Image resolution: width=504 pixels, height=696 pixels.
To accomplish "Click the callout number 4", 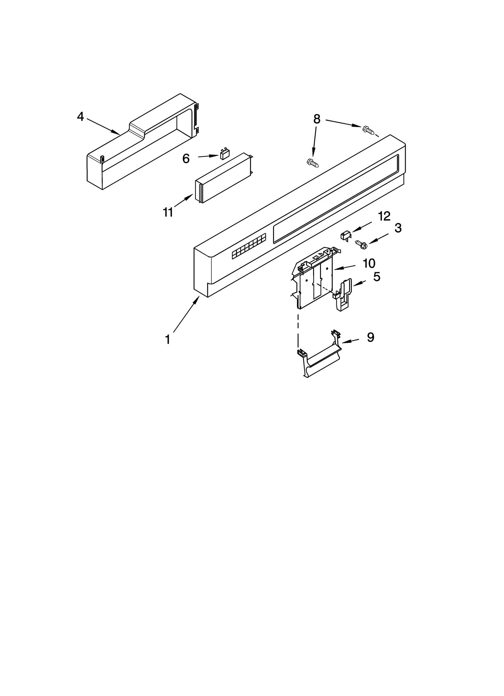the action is point(81,117).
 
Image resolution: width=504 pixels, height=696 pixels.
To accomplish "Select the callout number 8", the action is point(317,119).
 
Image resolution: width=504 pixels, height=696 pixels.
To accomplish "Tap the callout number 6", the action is point(186,159).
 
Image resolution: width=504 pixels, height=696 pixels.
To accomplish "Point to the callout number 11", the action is point(168,212).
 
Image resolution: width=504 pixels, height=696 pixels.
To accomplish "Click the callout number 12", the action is point(384,216).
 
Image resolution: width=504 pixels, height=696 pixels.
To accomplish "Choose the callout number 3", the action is point(398,228).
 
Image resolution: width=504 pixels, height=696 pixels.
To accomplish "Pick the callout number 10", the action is point(369,263).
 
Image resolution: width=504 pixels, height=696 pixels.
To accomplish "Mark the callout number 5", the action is point(377,277).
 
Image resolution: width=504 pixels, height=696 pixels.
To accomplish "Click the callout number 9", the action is point(370,337).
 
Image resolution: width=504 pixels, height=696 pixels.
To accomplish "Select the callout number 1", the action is point(168,339).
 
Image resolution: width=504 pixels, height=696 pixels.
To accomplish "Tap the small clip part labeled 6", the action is point(224,154).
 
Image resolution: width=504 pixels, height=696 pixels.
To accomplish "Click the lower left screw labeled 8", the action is point(312,163).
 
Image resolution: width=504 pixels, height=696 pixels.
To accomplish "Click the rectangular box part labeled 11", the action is point(224,178).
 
